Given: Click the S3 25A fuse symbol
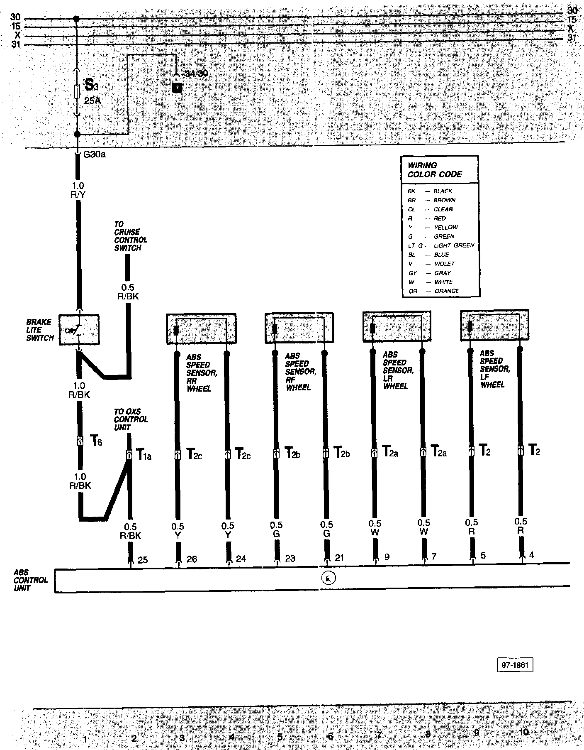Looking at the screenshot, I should click(x=77, y=92).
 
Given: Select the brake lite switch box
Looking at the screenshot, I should click(x=79, y=330).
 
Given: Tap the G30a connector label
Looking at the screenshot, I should click(x=94, y=155).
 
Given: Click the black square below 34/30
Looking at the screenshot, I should click(x=177, y=88).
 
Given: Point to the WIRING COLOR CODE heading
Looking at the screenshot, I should click(x=434, y=170).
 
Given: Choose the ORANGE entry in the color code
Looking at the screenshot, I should click(x=447, y=291).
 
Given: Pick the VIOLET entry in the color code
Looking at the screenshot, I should click(x=444, y=264).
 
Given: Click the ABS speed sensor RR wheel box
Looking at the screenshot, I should click(x=201, y=328).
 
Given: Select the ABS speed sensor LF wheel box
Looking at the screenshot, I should click(x=495, y=325).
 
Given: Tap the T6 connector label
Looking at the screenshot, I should click(x=96, y=441).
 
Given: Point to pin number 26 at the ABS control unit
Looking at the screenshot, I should click(x=192, y=559).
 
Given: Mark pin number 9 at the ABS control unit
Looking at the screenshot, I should click(x=387, y=557).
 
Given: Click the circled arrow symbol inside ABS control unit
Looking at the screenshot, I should click(x=328, y=578).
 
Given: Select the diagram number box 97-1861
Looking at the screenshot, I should click(x=515, y=665).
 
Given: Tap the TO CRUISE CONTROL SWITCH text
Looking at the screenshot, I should click(x=130, y=236).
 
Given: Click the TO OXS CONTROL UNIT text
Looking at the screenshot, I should click(x=131, y=419).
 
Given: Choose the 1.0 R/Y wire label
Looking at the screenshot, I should click(x=78, y=190).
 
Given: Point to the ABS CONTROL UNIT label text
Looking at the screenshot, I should click(x=30, y=580).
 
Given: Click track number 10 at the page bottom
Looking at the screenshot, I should click(x=524, y=732).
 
